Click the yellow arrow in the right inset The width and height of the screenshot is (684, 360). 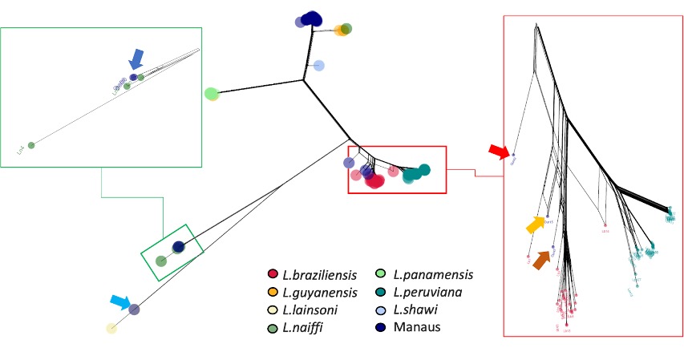[536, 225]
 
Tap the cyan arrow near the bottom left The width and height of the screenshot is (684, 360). [119, 301]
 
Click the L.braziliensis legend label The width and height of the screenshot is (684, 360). [317, 275]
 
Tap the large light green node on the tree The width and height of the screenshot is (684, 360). [212, 94]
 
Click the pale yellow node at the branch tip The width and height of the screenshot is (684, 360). [111, 328]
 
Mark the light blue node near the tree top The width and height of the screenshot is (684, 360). [318, 66]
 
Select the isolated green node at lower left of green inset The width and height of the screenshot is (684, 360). [31, 145]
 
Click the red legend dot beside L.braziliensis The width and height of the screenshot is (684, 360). [273, 275]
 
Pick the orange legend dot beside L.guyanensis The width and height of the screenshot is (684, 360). [273, 292]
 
